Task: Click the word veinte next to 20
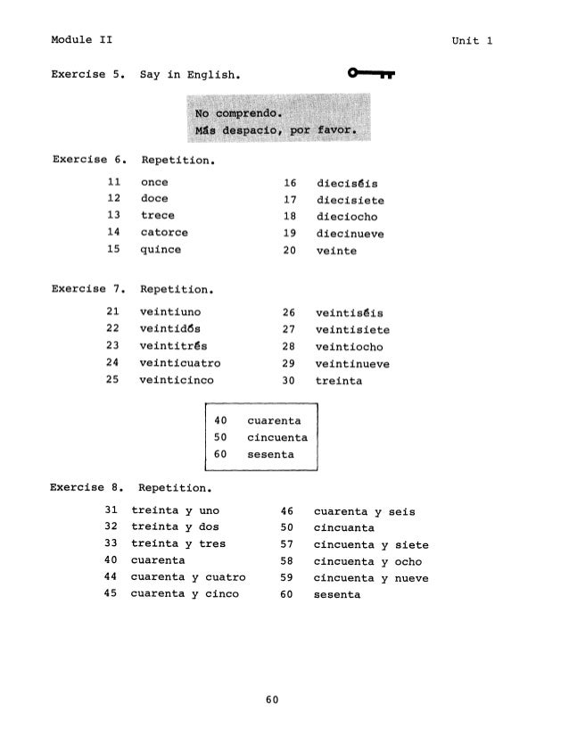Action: [x=336, y=252]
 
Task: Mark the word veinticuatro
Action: [x=180, y=364]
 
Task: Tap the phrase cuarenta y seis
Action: [x=364, y=512]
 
